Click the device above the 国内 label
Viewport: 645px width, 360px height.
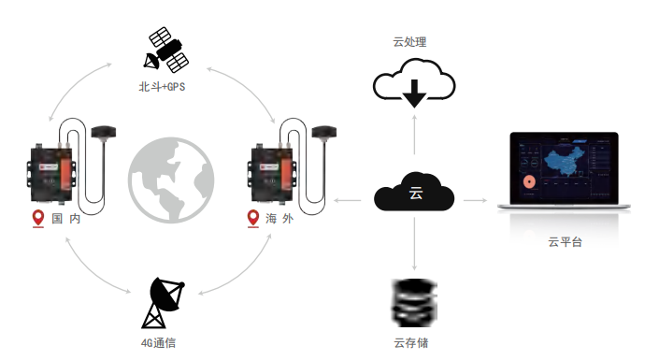(50, 173)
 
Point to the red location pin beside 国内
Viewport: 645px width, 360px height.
(38, 219)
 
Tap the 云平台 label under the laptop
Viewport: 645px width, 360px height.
(565, 242)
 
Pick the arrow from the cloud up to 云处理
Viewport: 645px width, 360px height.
(414, 140)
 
